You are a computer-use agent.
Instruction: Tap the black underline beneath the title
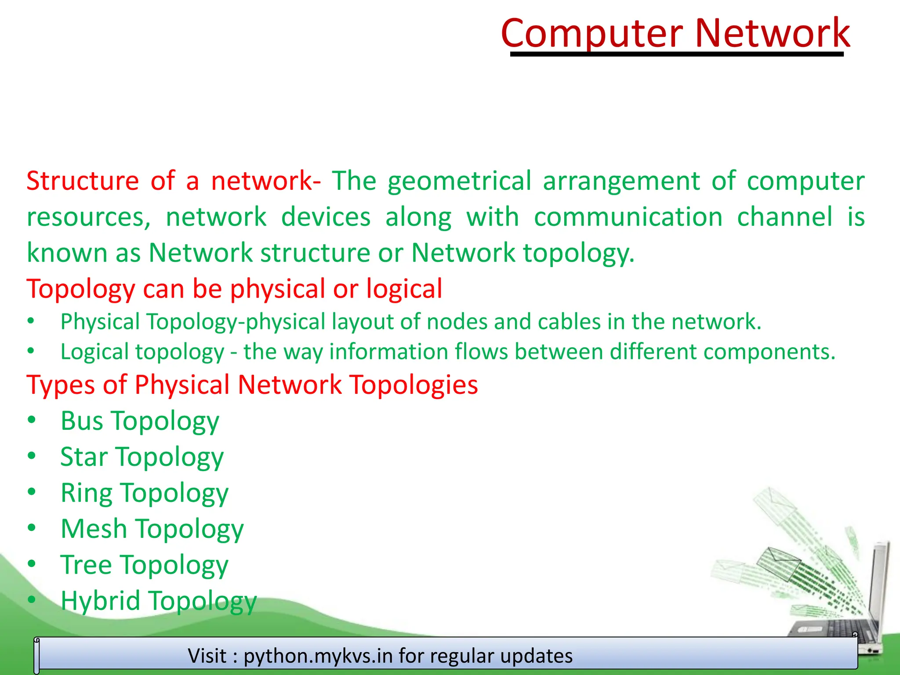[677, 54]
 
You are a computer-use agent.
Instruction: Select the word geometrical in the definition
[459, 181]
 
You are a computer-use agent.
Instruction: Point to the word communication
[628, 217]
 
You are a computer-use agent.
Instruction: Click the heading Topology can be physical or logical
[234, 289]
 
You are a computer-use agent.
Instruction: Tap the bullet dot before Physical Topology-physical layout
[31, 321]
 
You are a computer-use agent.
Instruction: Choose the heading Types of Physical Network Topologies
[252, 385]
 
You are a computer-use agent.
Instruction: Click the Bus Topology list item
[140, 421]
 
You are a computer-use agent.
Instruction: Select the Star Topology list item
[142, 457]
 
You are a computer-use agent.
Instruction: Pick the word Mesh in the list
[94, 529]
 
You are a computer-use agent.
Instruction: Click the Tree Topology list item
[144, 565]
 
